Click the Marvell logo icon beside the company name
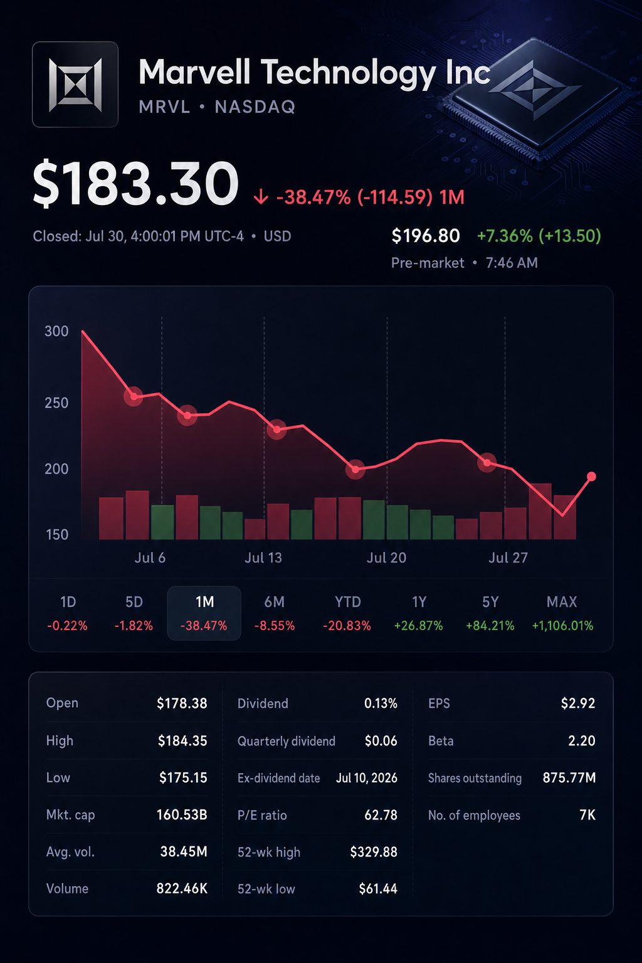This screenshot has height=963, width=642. click(75, 84)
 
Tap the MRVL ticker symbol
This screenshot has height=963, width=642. click(165, 107)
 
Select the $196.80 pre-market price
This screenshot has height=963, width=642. click(426, 236)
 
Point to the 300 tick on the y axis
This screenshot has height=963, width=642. click(57, 331)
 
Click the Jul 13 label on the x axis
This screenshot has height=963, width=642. click(263, 557)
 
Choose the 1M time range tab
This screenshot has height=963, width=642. click(204, 613)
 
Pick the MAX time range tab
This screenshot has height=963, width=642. click(562, 613)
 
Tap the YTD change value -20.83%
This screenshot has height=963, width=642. click(347, 626)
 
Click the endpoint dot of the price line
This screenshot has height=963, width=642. click(591, 476)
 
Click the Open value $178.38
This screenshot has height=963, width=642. click(182, 703)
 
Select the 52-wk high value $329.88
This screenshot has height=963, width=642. click(374, 851)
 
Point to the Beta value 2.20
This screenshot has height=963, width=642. click(582, 740)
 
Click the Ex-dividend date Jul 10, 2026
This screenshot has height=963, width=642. click(367, 777)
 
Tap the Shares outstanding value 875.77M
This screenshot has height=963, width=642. click(569, 777)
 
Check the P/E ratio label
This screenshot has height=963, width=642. click(262, 815)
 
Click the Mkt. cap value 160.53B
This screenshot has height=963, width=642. click(182, 814)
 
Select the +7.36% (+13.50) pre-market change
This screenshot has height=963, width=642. click(539, 236)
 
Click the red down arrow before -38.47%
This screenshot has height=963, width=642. click(261, 197)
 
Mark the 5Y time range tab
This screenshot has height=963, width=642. click(490, 613)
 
